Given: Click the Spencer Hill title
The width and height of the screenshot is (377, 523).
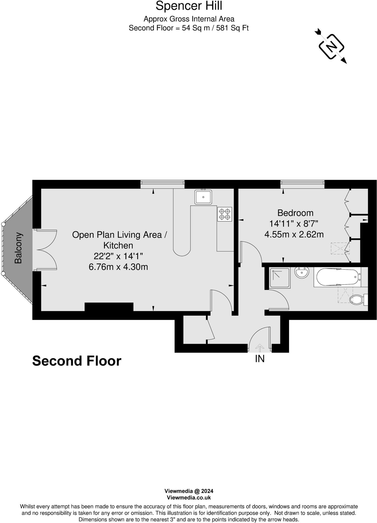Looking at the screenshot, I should coord(189,6).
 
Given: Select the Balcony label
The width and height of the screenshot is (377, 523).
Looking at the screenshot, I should coord(18,248).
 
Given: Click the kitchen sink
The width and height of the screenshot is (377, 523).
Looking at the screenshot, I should coord(203,197).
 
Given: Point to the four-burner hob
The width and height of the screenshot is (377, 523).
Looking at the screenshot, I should coord(225,214).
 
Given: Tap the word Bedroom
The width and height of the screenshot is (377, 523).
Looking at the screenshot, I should coord(295,213).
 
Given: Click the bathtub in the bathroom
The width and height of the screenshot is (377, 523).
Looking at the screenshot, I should coord(337,277).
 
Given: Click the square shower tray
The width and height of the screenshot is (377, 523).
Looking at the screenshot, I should coord(280,278).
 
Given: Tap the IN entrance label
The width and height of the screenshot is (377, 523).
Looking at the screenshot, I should coord(260,359).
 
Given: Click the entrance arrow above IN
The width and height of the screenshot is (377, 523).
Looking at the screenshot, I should coord(260,348).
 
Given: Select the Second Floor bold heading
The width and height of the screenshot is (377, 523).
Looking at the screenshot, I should coord(77,361).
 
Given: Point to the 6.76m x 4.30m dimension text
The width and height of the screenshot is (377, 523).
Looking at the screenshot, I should coord(118,267).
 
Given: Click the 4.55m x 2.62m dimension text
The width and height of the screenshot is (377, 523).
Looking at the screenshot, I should coord(294,234).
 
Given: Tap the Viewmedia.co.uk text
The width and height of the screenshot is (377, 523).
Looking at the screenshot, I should coord(189,497).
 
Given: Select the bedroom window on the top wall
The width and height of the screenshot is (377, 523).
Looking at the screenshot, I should coord(302,184).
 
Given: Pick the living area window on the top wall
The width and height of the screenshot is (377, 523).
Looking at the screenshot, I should coord(162,184).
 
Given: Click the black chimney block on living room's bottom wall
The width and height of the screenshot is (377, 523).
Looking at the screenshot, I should coord(109,307).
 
